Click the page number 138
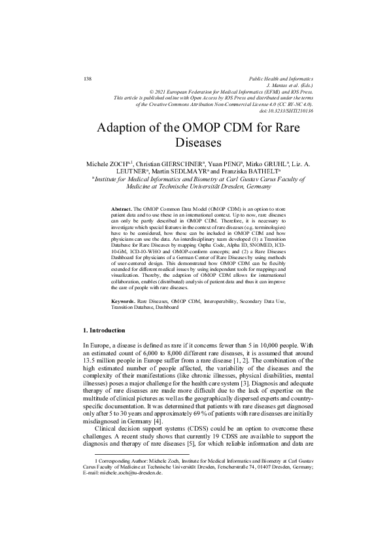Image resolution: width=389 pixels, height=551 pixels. pyautogui.click(x=88, y=79)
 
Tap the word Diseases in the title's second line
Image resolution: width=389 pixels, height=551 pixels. pyautogui.click(x=194, y=141)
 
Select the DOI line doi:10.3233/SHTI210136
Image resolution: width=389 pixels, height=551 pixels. pyautogui.click(x=286, y=111)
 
